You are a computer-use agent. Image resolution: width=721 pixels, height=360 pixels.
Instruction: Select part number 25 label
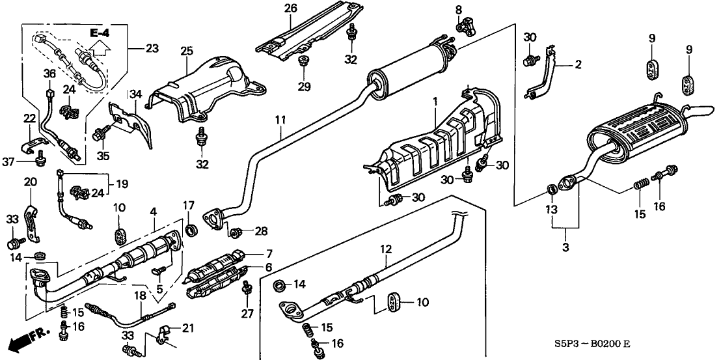[x=187, y=50]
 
